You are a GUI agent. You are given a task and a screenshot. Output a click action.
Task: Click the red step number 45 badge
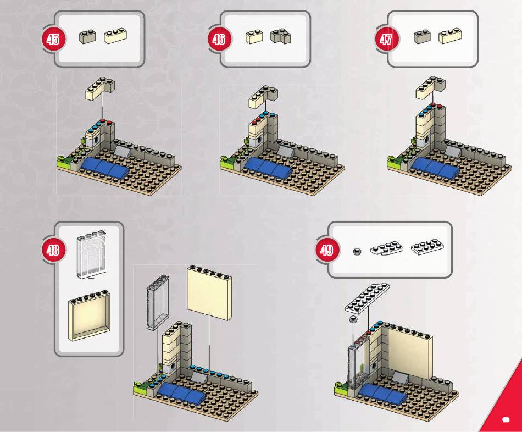53,39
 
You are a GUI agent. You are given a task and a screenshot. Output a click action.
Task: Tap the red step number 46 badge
219,39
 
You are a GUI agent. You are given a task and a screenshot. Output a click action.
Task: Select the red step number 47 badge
386,39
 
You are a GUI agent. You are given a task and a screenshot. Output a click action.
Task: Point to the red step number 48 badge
53,251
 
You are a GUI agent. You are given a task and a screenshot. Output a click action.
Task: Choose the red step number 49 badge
326,251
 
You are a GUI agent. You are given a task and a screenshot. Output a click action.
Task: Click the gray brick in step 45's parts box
87,37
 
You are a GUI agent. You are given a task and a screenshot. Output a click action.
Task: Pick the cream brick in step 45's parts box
115,36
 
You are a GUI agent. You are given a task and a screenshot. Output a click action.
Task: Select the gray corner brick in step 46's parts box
281,37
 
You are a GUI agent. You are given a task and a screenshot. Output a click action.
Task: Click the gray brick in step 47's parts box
421,37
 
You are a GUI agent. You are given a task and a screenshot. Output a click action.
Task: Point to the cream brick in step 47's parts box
450,36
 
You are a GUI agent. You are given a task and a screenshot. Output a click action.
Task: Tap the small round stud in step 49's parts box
357,252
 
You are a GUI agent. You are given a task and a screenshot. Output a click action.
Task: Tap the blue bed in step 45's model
105,167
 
